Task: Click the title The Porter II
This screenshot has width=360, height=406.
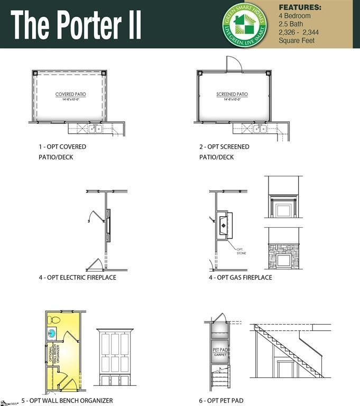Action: coord(76,24)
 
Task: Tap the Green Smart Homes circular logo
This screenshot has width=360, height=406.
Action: coord(244,24)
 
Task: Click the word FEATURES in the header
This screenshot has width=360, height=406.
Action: coord(300,8)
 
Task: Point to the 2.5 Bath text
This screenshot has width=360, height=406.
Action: coord(293,24)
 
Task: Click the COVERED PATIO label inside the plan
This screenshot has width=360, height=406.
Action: coord(70,95)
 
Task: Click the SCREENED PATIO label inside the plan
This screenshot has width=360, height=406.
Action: coord(232,95)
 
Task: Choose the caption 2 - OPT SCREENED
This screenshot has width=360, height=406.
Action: coord(224,146)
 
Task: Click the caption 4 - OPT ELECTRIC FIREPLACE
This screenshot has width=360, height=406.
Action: coord(77,278)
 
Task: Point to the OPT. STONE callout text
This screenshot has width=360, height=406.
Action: coord(241,251)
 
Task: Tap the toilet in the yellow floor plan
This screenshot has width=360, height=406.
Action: coord(55,319)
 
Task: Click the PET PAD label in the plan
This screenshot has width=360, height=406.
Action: coord(220,350)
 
